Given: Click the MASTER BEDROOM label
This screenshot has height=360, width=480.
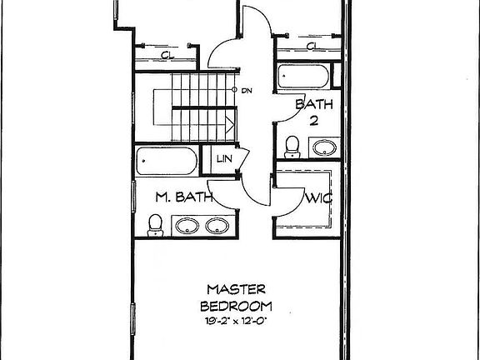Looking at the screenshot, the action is [236, 297].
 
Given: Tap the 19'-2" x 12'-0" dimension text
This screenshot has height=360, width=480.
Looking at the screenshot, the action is [236, 321].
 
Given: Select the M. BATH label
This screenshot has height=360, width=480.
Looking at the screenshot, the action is [184, 197].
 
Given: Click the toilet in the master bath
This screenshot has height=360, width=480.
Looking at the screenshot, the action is [155, 225].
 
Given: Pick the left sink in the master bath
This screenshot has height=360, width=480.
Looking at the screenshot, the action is [187, 226].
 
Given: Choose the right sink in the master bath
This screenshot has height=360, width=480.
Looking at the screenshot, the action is [217, 226].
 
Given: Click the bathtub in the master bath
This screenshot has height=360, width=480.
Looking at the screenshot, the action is [167, 161].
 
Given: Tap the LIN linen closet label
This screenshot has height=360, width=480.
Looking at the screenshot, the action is [224, 159].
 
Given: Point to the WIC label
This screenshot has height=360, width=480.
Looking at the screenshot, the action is [319, 198].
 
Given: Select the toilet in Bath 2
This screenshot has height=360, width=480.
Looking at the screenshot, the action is [292, 147].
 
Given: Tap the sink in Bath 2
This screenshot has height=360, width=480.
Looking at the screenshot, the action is [324, 147].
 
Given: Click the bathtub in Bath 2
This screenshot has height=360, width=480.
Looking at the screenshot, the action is [303, 76].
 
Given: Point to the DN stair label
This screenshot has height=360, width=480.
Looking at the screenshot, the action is [247, 91].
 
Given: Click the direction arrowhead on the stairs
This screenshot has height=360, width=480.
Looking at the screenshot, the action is [230, 125].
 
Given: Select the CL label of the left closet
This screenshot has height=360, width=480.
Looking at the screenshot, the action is [167, 55].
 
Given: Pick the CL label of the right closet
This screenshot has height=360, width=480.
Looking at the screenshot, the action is [312, 46].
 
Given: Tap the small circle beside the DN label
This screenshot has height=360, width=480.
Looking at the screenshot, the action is [234, 90].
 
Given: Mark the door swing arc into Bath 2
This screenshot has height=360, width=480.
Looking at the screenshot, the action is [297, 114].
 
